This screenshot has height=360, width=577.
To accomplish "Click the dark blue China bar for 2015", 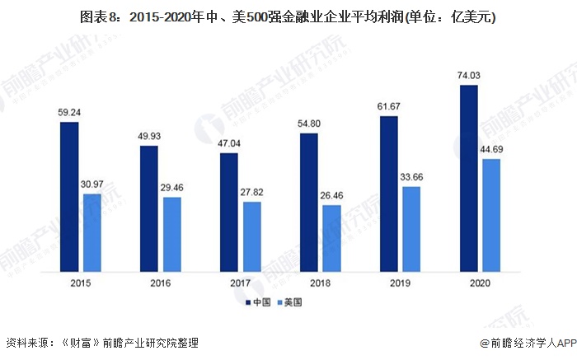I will coord(69,196).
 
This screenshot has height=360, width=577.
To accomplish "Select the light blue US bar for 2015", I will coord(91,231).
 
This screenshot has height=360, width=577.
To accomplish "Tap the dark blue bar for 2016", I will coord(149,208).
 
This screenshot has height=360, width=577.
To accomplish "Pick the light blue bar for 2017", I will coord(251,236).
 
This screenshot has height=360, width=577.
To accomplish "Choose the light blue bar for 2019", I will coord(411,227).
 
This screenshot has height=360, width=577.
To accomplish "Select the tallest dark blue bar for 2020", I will coord(469,177).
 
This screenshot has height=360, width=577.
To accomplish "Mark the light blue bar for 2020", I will coord(491,214).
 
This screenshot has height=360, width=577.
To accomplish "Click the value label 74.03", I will coord(469,76).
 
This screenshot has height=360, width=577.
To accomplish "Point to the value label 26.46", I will coord(331,196).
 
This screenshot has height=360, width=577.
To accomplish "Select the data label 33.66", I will coord(411,177).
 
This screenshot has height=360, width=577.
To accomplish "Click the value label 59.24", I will coord(69,113).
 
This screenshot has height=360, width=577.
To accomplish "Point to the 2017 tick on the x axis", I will coord(240,283).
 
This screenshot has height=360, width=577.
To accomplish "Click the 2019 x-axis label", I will coord(400,283).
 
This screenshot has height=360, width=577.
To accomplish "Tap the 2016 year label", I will coord(160,283).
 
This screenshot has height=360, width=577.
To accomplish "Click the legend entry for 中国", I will coord(262,303).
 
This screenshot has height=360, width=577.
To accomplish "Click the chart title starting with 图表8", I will coord(288,16).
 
